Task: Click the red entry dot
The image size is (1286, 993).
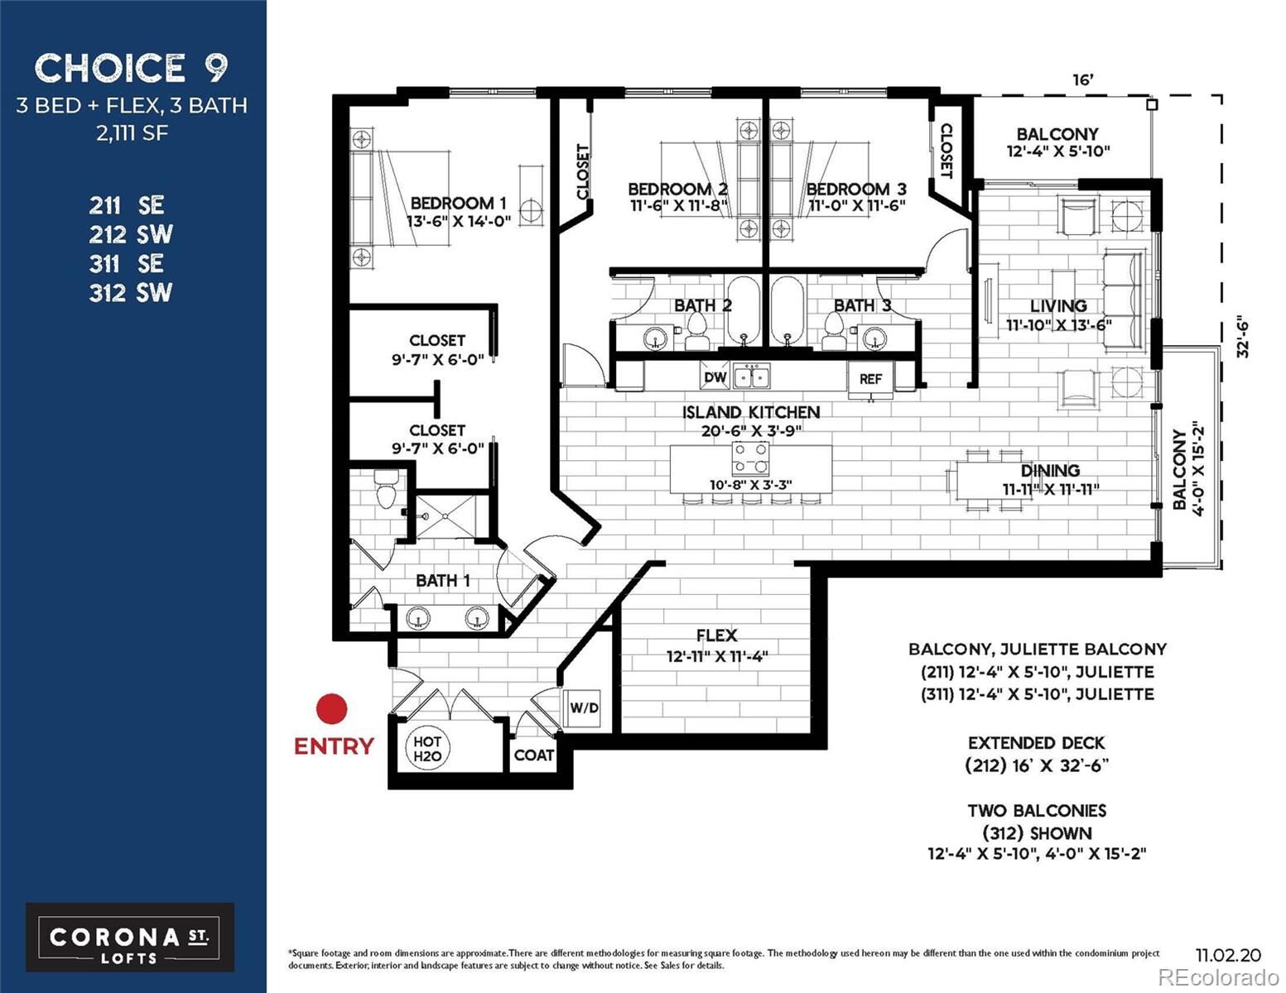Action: pyautogui.click(x=332, y=709)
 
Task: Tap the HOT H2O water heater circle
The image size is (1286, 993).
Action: pyautogui.click(x=427, y=749)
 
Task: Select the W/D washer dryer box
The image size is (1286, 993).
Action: pyautogui.click(x=584, y=708)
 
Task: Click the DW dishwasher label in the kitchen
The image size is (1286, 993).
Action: pyautogui.click(x=715, y=378)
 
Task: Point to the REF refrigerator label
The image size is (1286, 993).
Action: pyautogui.click(x=870, y=379)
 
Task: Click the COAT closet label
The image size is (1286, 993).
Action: pyautogui.click(x=533, y=756)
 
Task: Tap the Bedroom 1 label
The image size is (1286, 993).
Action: pyautogui.click(x=458, y=203)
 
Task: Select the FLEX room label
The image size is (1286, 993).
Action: pyautogui.click(x=716, y=636)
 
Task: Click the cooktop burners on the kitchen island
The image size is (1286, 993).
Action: pyautogui.click(x=750, y=458)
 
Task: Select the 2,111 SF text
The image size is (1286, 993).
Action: pyautogui.click(x=132, y=132)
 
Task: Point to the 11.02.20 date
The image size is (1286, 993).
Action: pyautogui.click(x=1228, y=955)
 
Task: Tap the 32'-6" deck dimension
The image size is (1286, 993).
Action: pyautogui.click(x=1241, y=337)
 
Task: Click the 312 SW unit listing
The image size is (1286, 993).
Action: pyautogui.click(x=131, y=292)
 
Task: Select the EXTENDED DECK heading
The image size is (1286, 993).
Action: pyautogui.click(x=1036, y=743)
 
